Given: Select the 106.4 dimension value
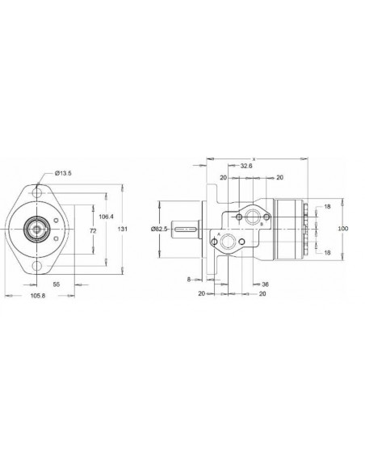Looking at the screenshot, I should coord(106,216).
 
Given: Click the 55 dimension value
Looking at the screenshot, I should coord(57,285).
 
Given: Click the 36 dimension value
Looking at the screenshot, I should coord(265,284).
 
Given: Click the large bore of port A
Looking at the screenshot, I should coord(230,242).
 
